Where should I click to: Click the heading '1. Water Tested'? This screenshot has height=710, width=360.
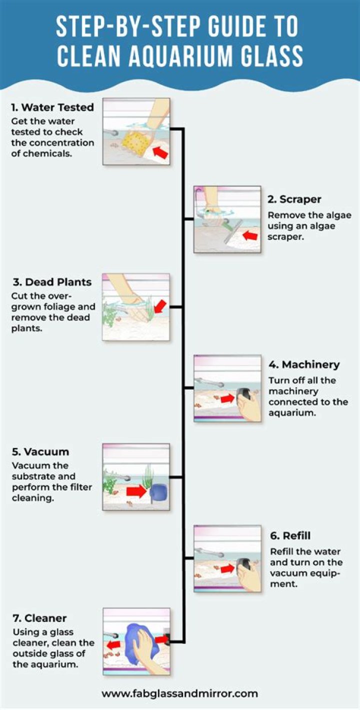[x=52, y=107]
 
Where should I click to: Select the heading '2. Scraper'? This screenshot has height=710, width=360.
[x=294, y=199]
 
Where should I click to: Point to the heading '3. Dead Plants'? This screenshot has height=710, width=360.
[x=52, y=282]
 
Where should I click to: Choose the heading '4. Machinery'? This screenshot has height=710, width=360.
[x=304, y=364]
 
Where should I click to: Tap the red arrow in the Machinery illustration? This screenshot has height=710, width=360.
[x=227, y=398]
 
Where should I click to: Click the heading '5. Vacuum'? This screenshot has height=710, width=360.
[x=40, y=451]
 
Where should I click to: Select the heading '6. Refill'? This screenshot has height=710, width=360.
[x=290, y=535]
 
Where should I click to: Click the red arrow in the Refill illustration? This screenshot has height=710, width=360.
[x=227, y=568]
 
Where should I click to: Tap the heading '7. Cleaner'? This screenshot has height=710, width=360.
[x=39, y=618]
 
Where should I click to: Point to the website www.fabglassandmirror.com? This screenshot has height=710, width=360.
[x=179, y=693]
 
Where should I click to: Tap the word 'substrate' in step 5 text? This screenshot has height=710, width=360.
[x=43, y=476]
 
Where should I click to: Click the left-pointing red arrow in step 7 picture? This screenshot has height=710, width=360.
[x=113, y=644]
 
